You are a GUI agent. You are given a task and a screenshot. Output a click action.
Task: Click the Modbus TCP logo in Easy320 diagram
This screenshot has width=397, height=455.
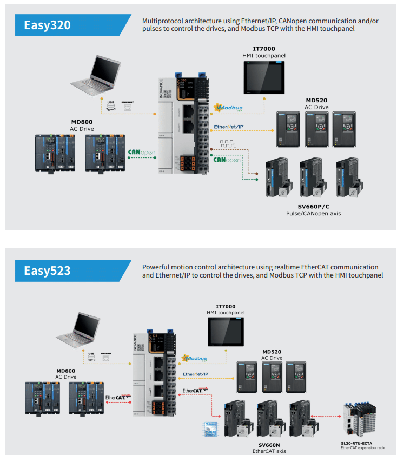pyautogui.click(x=228, y=108)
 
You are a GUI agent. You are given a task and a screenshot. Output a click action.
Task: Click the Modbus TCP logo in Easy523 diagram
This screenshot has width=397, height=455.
pyautogui.click(x=196, y=358)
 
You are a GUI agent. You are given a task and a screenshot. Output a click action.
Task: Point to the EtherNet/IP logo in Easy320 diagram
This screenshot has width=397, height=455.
pyautogui.click(x=229, y=127)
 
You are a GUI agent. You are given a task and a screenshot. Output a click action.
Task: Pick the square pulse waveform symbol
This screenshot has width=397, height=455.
pyautogui.click(x=228, y=144)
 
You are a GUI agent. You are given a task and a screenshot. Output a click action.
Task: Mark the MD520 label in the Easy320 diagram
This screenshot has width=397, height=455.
pyautogui.click(x=317, y=100)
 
